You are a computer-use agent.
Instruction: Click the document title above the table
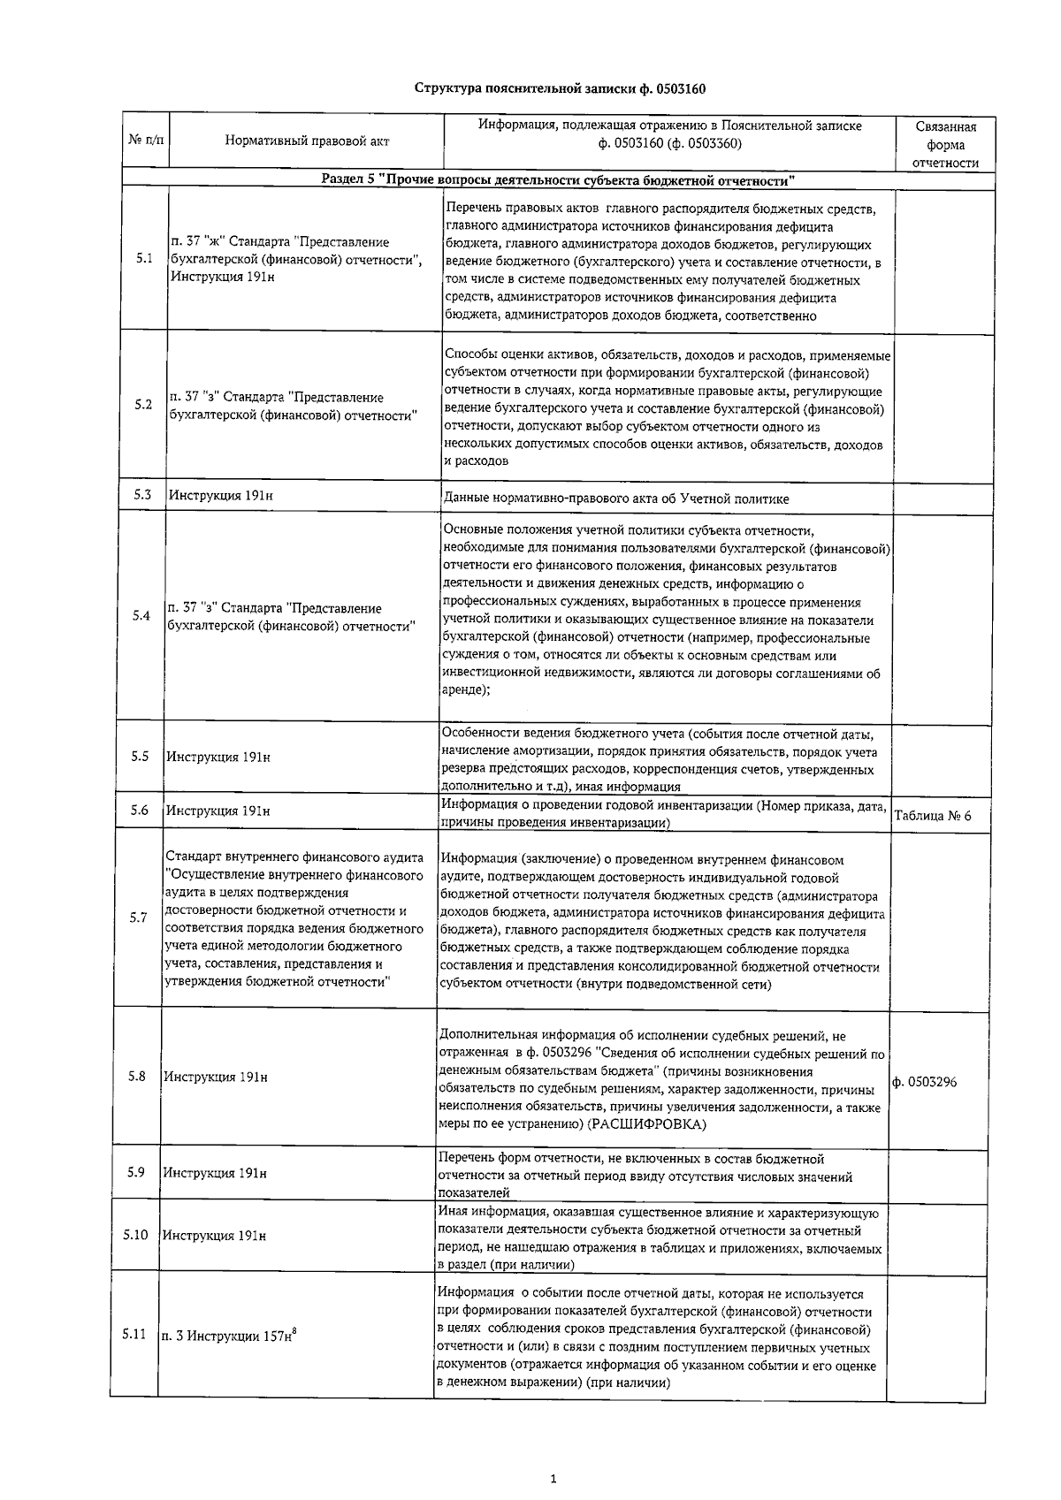[560, 88]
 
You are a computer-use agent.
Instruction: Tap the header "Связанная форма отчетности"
[945, 145]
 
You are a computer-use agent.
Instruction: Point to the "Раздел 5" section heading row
[558, 180]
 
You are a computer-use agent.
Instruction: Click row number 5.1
[144, 259]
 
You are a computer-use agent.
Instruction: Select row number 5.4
[141, 615]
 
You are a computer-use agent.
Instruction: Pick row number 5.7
[138, 918]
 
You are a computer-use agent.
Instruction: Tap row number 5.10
[135, 1234]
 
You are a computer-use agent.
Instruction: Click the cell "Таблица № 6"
[933, 816]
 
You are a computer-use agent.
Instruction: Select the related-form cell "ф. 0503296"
[925, 1082]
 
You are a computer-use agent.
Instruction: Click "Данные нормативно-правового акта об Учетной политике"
[617, 499]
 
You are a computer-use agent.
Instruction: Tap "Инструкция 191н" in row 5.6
[219, 811]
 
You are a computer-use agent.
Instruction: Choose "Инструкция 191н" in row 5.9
[215, 1173]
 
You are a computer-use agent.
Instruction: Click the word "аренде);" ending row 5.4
[465, 690]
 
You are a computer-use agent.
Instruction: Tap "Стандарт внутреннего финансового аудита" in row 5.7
[294, 857]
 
